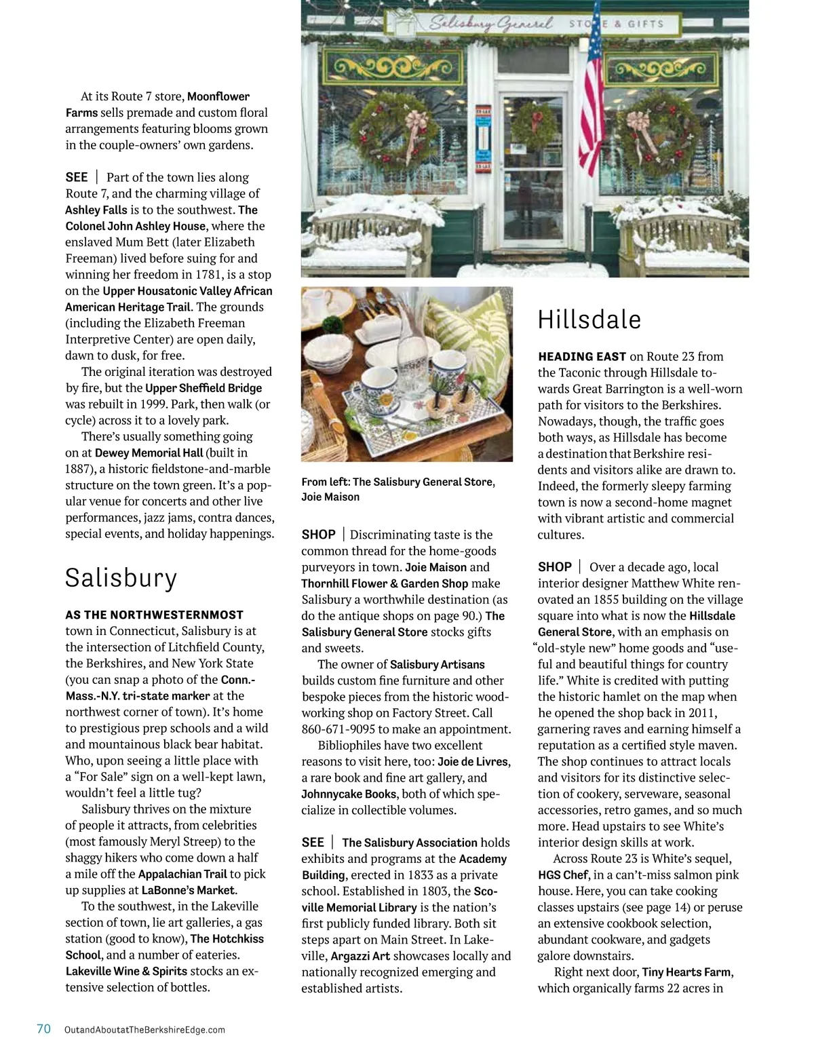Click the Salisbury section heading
click(x=121, y=578)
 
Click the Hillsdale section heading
click(x=589, y=320)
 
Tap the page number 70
click(x=43, y=1029)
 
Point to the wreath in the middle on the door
click(x=534, y=126)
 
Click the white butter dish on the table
click(x=379, y=331)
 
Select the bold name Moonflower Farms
click(x=157, y=104)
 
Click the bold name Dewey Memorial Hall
click(x=149, y=453)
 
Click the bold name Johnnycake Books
click(x=349, y=794)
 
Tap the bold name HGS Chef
click(x=562, y=875)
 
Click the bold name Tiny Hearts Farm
click(x=686, y=972)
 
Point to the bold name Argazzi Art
click(x=360, y=957)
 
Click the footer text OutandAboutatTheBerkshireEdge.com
click(x=144, y=1030)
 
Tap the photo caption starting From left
click(x=398, y=489)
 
